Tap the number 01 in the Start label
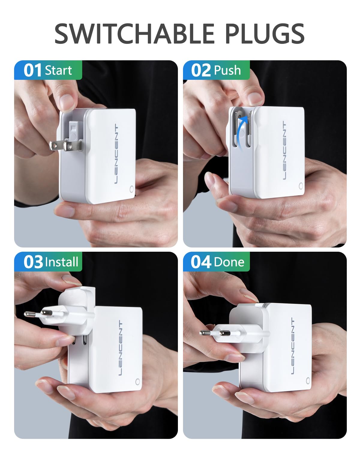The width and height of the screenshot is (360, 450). (x=33, y=70)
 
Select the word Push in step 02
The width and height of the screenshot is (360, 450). (x=228, y=70)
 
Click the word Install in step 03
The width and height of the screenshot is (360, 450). (x=61, y=262)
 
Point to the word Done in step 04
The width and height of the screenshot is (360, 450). (x=229, y=262)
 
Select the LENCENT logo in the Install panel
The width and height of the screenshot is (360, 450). (x=121, y=348)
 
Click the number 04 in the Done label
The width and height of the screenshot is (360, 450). (x=201, y=262)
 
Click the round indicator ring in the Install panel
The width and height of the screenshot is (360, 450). (x=138, y=382)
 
